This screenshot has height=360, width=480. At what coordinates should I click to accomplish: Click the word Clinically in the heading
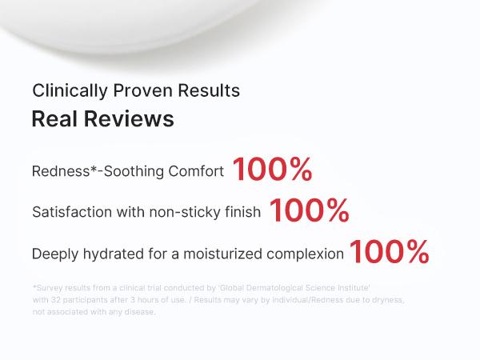pos(70,91)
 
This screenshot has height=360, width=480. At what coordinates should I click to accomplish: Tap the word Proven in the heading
pos(142,90)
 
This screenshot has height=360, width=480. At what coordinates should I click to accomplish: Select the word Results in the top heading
pos(209,90)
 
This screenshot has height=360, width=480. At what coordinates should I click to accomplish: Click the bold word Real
pos(54,118)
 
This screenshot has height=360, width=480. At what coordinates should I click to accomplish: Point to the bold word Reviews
pos(129,118)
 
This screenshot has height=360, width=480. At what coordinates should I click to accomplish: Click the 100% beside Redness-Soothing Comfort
pos(273,169)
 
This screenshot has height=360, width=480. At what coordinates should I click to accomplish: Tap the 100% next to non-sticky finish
pos(309,210)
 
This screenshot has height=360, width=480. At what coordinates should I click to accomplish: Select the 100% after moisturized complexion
pos(389,252)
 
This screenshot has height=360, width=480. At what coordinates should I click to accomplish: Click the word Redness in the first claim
pos(61,171)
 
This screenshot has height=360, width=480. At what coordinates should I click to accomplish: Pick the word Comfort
pos(196,171)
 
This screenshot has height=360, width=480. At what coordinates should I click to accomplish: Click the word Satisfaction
pos(72,212)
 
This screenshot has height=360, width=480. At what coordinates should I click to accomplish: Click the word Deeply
pos(55,254)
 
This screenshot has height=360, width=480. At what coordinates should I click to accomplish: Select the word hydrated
pos(114,254)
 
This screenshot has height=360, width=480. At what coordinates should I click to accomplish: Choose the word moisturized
pos(222,254)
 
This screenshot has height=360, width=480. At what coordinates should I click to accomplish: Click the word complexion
pos(306,254)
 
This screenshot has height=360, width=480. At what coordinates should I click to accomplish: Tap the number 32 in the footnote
pos(55,300)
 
